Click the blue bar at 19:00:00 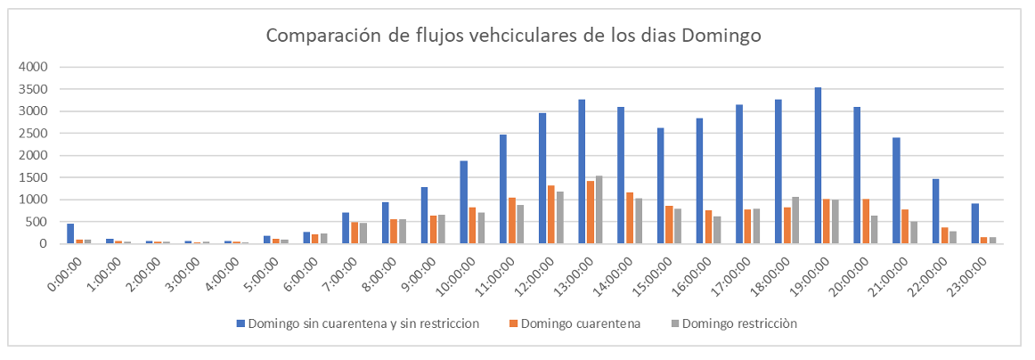pos(818,166)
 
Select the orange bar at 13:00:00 pos(591,212)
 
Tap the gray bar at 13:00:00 pos(599,209)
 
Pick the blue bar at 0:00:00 pos(70,233)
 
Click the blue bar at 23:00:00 pos(975,224)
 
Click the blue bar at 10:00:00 pos(464,202)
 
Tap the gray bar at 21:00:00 pos(914,233)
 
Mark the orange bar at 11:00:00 pos(512,220)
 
